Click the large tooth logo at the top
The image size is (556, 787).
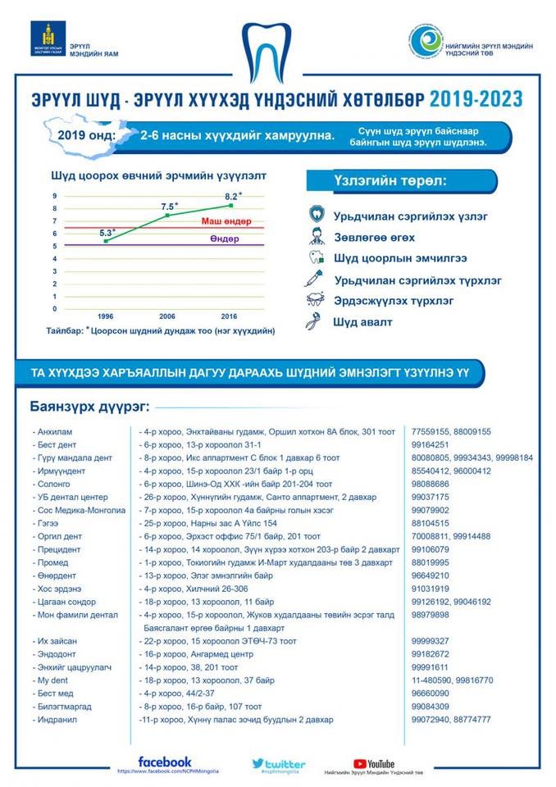(276, 50)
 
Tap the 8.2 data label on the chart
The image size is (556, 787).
(233, 196)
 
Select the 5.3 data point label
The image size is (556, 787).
(107, 233)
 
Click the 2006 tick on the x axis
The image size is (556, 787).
(167, 316)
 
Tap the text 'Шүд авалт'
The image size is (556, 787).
(362, 322)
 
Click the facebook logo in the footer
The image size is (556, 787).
(164, 762)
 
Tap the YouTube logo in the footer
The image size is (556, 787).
(373, 763)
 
